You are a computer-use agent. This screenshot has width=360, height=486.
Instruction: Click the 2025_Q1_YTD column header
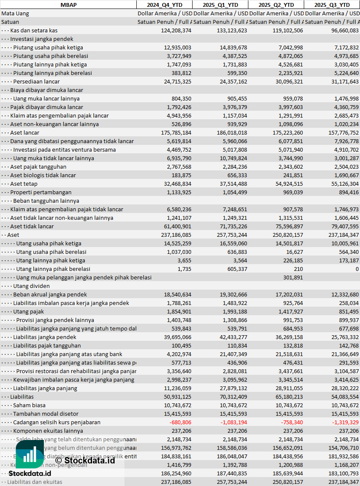point(220,5)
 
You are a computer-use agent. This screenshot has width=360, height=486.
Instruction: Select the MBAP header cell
point(68,5)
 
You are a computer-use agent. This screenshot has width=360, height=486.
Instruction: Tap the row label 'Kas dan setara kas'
point(34,30)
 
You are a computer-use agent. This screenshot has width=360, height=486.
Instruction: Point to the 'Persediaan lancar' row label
point(36,81)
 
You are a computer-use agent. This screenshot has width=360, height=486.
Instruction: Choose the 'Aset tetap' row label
point(24,184)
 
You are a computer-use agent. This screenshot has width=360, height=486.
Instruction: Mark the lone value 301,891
point(293,277)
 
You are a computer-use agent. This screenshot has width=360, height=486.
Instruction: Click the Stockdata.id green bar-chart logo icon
point(30,455)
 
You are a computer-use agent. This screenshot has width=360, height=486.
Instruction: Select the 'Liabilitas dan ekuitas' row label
point(35,482)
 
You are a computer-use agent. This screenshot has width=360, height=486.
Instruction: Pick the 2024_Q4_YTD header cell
point(164,5)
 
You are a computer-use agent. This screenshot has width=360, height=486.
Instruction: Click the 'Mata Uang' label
point(15,13)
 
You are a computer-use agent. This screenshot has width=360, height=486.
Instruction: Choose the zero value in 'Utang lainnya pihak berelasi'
point(357,269)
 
